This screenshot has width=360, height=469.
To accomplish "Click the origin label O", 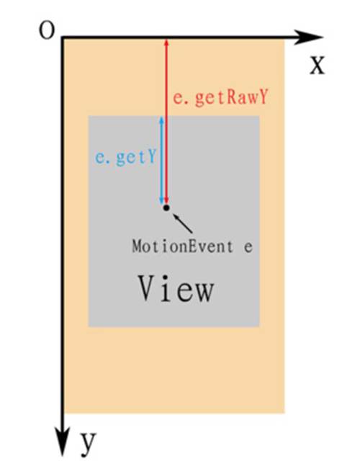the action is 48,30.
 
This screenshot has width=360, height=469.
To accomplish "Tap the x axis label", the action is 317,66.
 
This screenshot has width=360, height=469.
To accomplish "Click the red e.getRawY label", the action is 220,97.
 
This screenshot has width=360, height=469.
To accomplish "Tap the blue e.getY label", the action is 125,157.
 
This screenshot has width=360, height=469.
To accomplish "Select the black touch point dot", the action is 166,207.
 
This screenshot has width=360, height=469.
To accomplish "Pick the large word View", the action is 176,288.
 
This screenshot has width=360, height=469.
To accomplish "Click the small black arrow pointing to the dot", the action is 182,223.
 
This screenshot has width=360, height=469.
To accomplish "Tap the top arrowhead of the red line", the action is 166,43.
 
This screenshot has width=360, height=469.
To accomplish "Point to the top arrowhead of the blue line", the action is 162,120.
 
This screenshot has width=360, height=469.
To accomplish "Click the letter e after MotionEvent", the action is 248,249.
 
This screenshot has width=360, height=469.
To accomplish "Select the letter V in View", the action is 148,287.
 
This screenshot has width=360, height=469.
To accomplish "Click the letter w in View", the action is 204,292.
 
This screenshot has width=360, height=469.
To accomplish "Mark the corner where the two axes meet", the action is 63,37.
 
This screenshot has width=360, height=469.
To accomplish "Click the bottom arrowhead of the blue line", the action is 162,200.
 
